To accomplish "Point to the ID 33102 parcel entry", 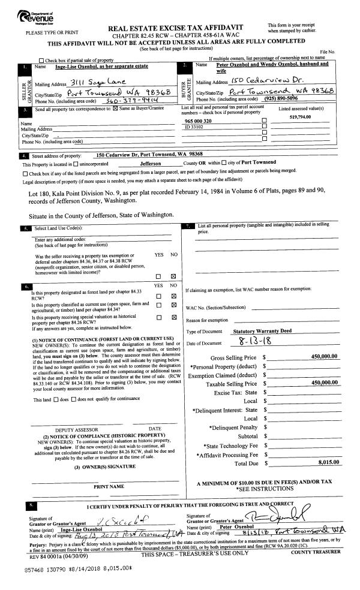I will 196,127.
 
